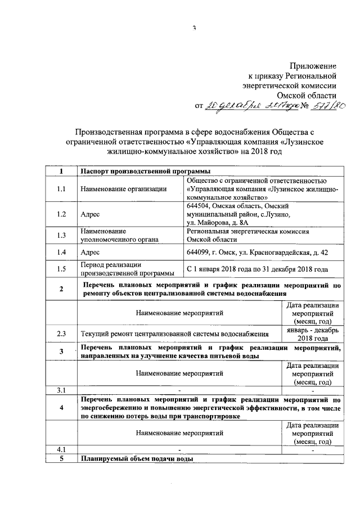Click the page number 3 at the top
[193, 28]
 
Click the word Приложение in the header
[313, 65]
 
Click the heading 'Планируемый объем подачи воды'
[137, 458]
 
